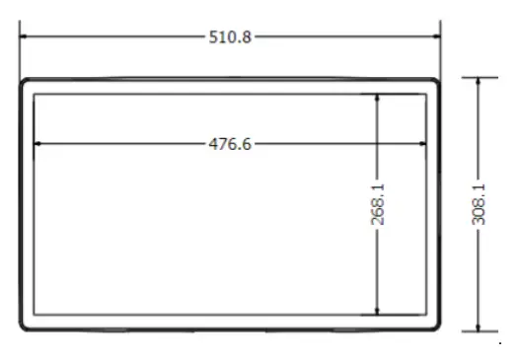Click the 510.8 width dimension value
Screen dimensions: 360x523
coord(231,37)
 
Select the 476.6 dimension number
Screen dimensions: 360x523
coord(231,144)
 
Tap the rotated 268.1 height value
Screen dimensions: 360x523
coord(378,203)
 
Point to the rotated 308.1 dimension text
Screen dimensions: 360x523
coord(479,204)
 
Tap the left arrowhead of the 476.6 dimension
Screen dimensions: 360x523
coord(37,144)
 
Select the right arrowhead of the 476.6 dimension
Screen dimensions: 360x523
coord(425,144)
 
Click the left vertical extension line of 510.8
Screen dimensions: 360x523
coord(20,54)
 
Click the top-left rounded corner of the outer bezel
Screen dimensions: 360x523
coord(23,82)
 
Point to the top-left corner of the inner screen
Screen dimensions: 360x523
coord(34,94)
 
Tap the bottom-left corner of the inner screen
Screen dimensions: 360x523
coord(34,315)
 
